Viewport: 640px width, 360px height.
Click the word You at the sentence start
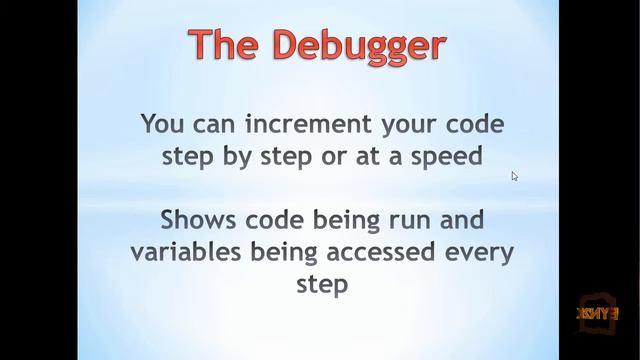pyautogui.click(x=161, y=125)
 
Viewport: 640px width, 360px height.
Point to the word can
pyautogui.click(x=210, y=125)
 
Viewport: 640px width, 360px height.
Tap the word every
pyautogui.click(x=474, y=251)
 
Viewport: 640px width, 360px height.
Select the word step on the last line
pyautogui.click(x=322, y=283)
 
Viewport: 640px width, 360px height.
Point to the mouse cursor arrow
pyautogui.click(x=514, y=176)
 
